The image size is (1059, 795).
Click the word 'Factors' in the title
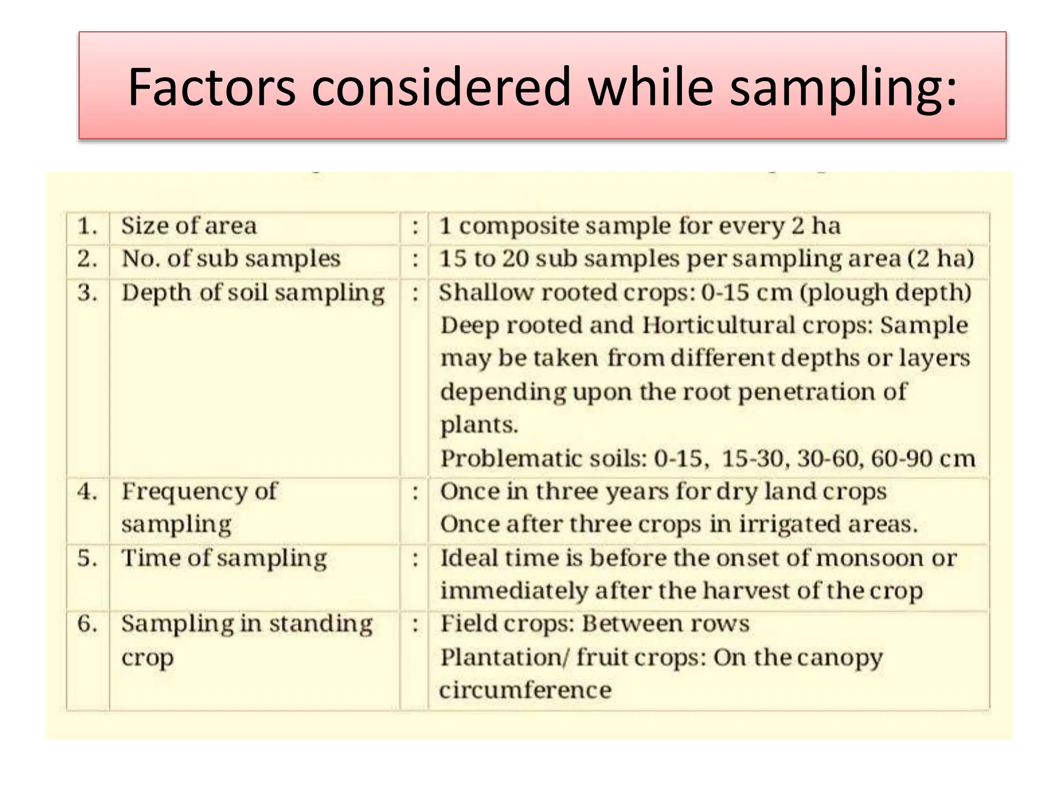(x=211, y=86)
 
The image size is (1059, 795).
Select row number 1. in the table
(x=87, y=226)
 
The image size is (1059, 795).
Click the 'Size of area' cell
(x=189, y=226)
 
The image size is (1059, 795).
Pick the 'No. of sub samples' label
(x=231, y=259)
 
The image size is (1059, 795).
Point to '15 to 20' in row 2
(x=484, y=259)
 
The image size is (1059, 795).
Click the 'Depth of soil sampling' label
(x=253, y=293)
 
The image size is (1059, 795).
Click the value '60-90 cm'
(x=922, y=459)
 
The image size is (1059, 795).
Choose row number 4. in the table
(x=87, y=491)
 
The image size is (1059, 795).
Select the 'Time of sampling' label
(x=224, y=558)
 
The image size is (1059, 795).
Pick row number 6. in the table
(x=87, y=624)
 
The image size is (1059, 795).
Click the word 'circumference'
(x=525, y=690)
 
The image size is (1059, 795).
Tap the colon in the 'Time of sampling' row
(x=415, y=558)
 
